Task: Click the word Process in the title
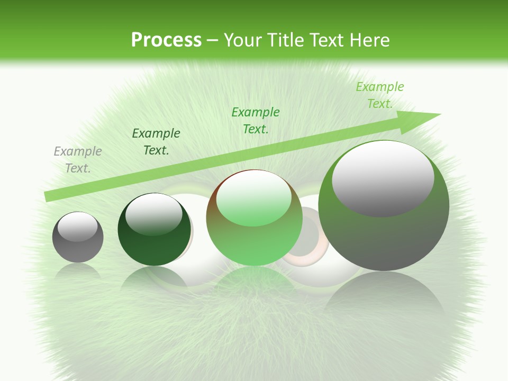(166, 40)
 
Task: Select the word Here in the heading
(369, 40)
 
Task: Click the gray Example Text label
(78, 159)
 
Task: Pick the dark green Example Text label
(156, 141)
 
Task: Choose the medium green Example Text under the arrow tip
(256, 120)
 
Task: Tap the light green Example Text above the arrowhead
(380, 95)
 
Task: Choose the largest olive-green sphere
(384, 233)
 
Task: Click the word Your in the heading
(242, 40)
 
